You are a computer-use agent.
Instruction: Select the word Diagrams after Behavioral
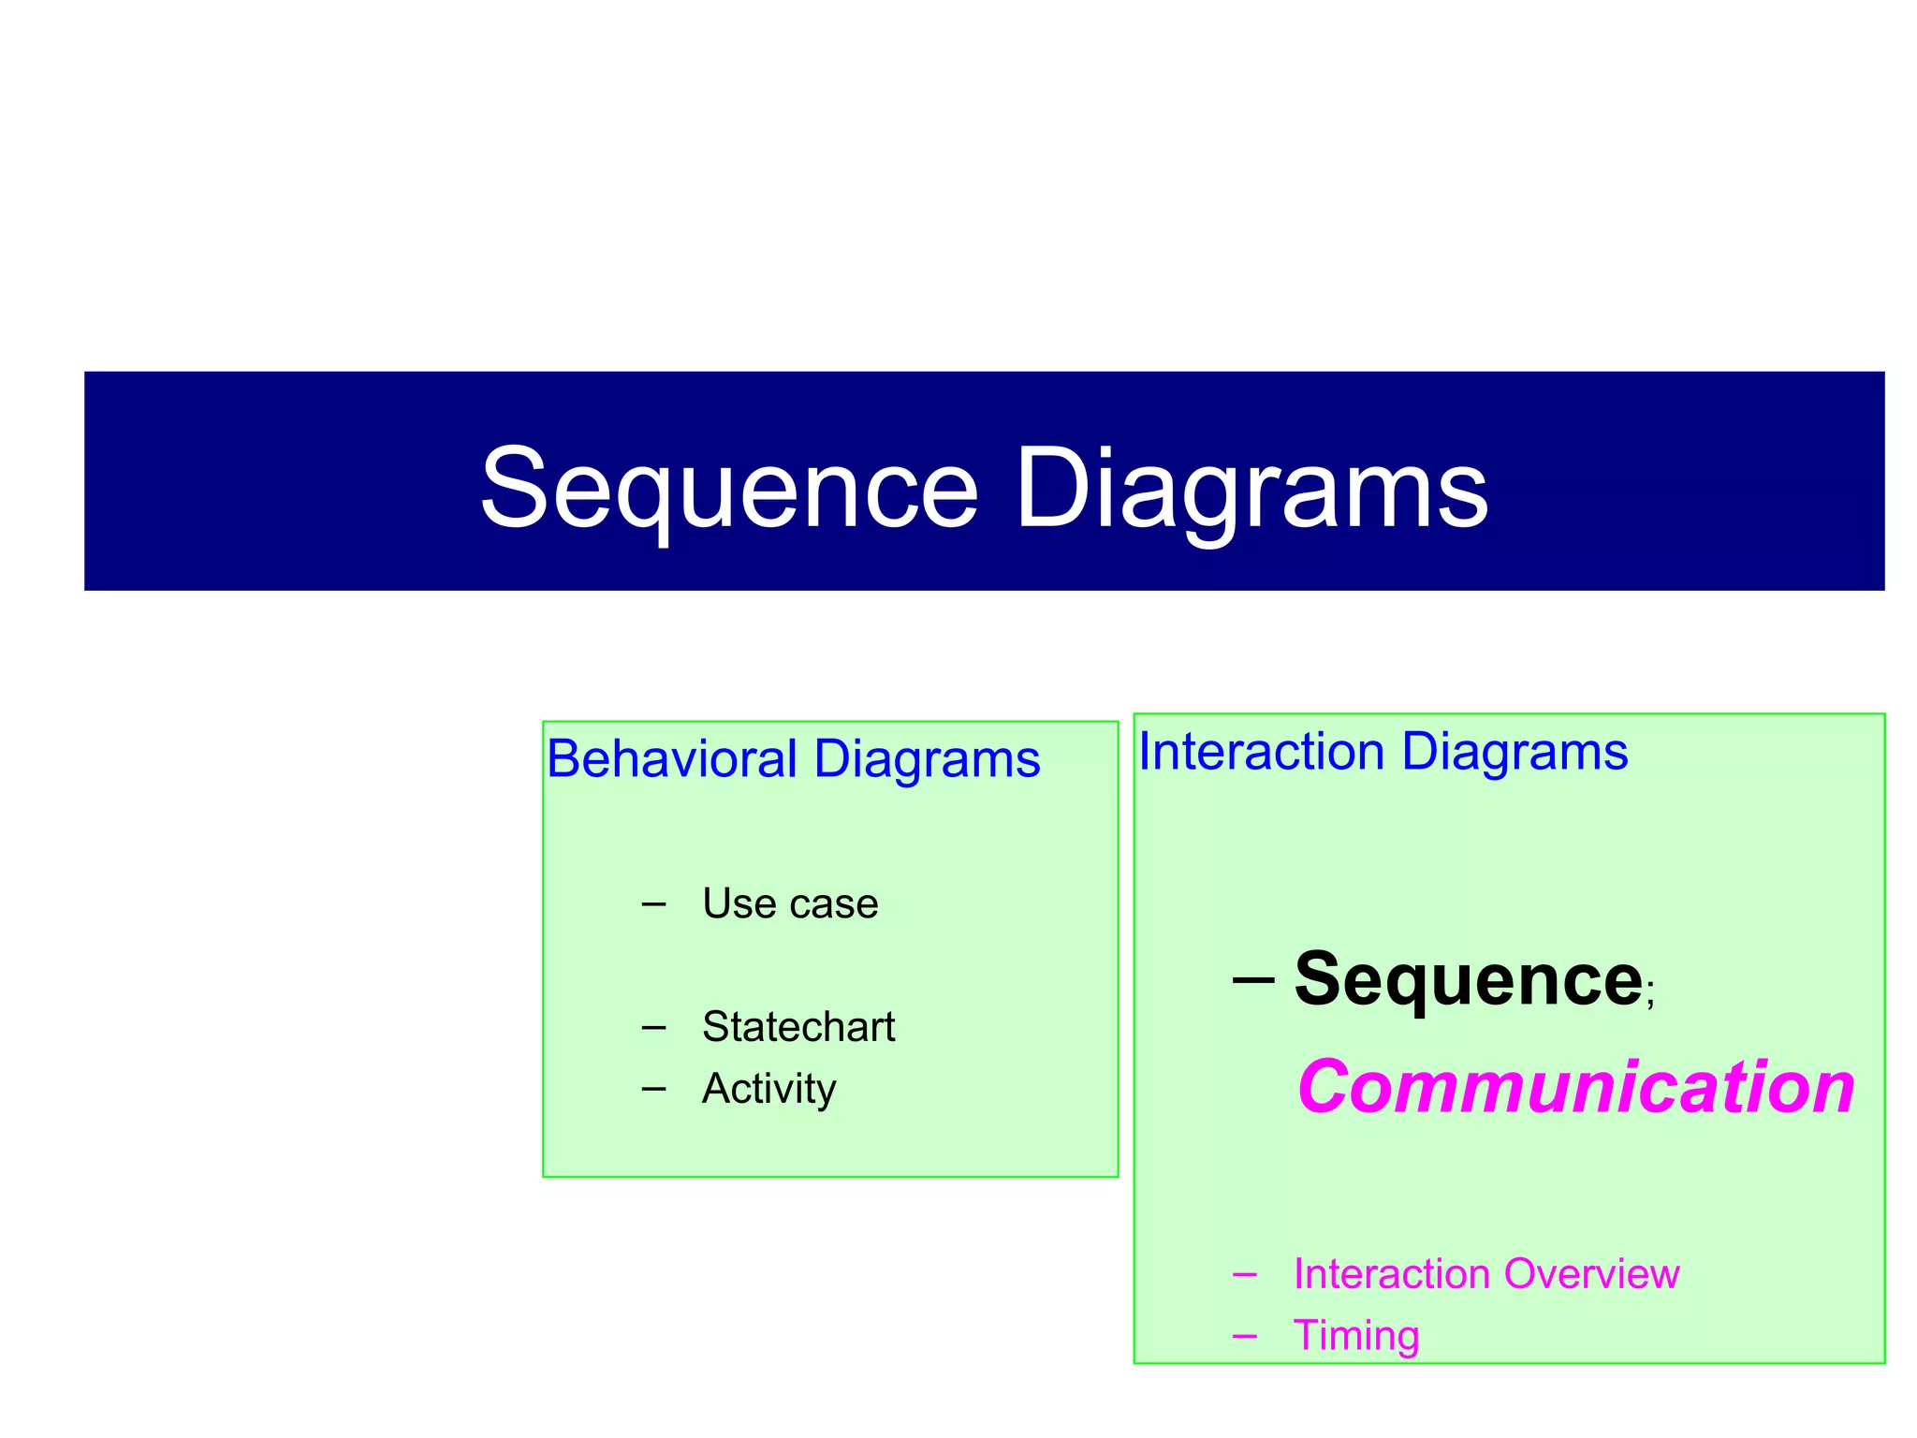pyautogui.click(x=927, y=758)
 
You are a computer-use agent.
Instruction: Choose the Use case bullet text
pyautogui.click(x=790, y=904)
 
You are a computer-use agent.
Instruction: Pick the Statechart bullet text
pyautogui.click(x=798, y=1027)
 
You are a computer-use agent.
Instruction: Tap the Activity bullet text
pyautogui.click(x=768, y=1089)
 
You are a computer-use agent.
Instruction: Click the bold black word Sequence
pyautogui.click(x=1468, y=980)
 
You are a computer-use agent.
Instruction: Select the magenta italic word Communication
pyautogui.click(x=1575, y=1088)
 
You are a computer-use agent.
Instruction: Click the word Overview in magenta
pyautogui.click(x=1591, y=1274)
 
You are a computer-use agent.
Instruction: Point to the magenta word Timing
pyautogui.click(x=1355, y=1336)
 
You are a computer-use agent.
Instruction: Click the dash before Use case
pyautogui.click(x=654, y=904)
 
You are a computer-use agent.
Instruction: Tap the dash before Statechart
pyautogui.click(x=654, y=1027)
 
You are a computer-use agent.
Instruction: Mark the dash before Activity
pyautogui.click(x=654, y=1089)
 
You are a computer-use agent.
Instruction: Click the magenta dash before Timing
pyautogui.click(x=1245, y=1336)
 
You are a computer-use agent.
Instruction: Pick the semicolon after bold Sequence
pyautogui.click(x=1649, y=1000)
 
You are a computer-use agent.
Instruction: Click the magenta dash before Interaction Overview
pyautogui.click(x=1245, y=1274)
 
